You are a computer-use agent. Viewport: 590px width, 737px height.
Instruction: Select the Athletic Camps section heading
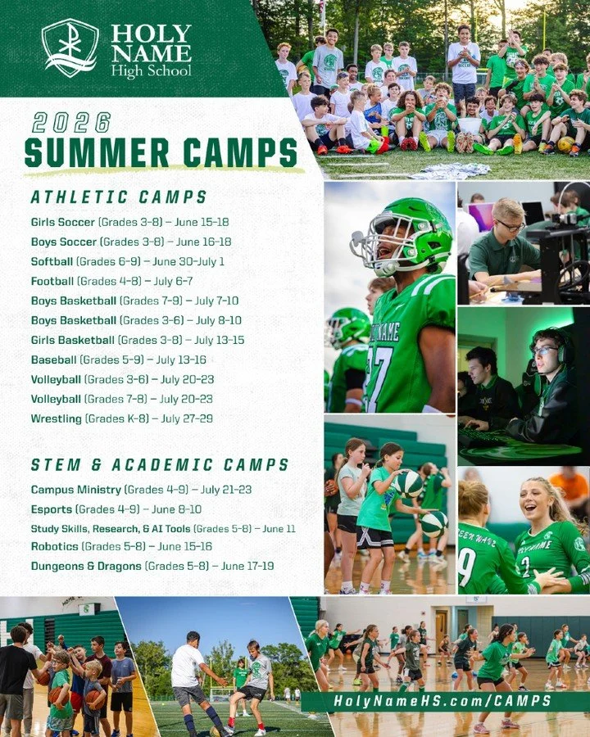119,197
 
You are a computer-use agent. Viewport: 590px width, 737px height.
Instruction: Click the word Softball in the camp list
52,261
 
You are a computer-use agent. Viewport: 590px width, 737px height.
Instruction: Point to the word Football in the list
52,281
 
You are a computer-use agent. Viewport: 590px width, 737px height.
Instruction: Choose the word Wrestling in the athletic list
57,418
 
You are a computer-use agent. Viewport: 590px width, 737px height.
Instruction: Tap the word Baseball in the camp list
53,359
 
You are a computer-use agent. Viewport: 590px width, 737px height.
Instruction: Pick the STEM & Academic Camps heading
160,465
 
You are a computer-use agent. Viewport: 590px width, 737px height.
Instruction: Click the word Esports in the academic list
51,509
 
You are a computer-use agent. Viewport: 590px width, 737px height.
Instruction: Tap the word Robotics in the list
54,546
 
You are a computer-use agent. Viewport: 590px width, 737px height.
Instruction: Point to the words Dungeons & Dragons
86,566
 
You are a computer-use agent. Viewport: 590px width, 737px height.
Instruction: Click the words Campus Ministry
76,490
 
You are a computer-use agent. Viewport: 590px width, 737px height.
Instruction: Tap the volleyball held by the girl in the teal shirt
408,484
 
